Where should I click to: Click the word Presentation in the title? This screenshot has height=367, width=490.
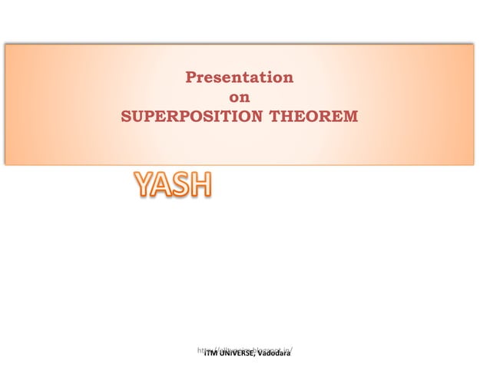pyautogui.click(x=239, y=78)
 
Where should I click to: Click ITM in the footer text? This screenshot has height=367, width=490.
pyautogui.click(x=209, y=354)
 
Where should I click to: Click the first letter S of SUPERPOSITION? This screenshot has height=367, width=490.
pyautogui.click(x=127, y=117)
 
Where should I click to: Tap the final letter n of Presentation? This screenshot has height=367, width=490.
pyautogui.click(x=288, y=78)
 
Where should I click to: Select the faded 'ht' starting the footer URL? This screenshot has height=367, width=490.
pyautogui.click(x=200, y=350)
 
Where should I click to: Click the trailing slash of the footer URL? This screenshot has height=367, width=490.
pyautogui.click(x=293, y=350)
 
